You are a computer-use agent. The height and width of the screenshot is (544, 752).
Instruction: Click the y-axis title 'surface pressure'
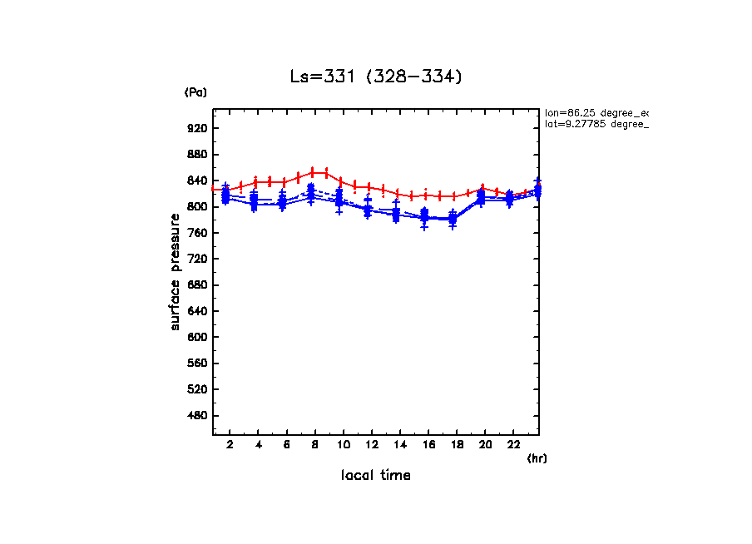pos(175,271)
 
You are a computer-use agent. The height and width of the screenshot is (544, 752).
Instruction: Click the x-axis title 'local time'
pos(375,475)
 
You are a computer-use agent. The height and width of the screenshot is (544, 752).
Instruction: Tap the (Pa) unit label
pos(195,92)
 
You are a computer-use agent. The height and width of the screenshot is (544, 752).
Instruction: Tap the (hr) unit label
pos(537,458)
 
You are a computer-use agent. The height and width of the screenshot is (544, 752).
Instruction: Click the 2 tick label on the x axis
pos(230,445)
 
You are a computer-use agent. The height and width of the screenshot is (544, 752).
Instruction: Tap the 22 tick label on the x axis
pos(514,445)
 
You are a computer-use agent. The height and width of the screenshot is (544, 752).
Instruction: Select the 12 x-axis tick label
pos(372,445)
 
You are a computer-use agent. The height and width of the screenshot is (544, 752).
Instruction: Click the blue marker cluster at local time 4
pos(255,201)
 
